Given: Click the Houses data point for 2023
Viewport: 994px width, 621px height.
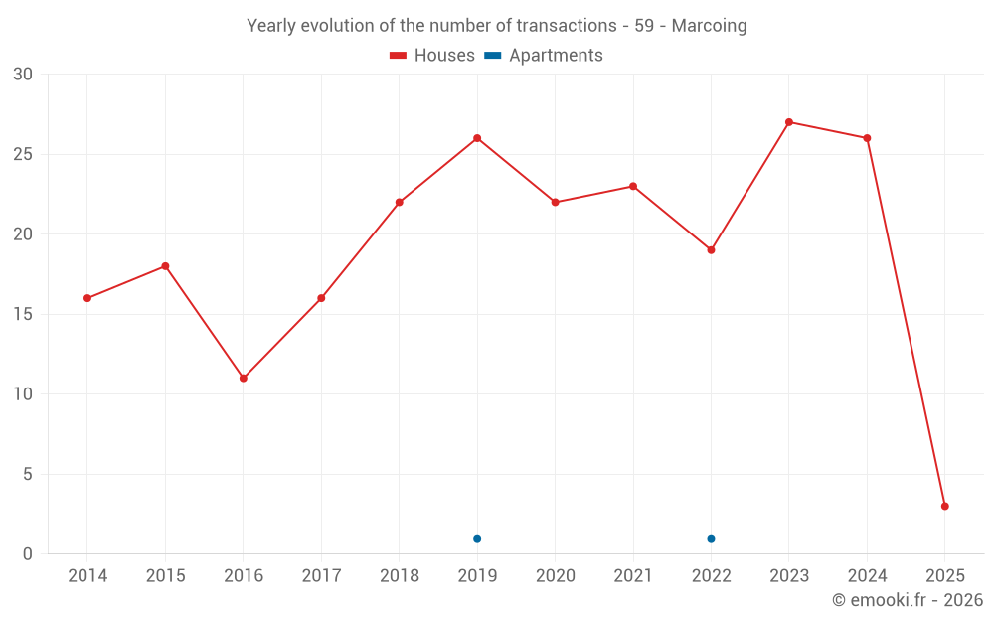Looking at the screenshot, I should (789, 122).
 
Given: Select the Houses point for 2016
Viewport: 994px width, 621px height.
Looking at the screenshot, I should (244, 379).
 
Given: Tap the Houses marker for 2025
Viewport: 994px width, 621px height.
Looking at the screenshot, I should (945, 507).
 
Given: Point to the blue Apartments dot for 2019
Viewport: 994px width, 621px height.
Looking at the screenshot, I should (477, 539).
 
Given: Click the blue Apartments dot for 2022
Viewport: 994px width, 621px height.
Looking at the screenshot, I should (711, 539).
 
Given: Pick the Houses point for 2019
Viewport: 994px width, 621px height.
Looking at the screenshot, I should (477, 138).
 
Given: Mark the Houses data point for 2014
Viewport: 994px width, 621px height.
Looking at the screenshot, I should (87, 298).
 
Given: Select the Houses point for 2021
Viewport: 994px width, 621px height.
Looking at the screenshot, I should (633, 187).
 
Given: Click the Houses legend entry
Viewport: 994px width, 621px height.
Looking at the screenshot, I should (432, 56).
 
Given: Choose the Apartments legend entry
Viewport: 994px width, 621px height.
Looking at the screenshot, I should (544, 56).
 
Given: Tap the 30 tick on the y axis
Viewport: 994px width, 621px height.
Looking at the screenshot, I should (23, 75).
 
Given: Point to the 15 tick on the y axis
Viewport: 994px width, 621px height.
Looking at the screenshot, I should (23, 315).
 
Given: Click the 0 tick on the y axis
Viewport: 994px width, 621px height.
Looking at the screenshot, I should (28, 554).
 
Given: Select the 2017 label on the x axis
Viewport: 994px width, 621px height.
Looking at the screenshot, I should (321, 576).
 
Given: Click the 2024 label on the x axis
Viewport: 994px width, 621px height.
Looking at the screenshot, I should (867, 576).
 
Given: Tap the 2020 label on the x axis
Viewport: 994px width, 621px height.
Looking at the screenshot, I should (555, 576).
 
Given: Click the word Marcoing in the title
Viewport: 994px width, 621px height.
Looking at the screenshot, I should (709, 26).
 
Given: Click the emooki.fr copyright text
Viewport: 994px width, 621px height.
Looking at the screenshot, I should (908, 600).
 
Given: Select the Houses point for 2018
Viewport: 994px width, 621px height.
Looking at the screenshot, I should (400, 203).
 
